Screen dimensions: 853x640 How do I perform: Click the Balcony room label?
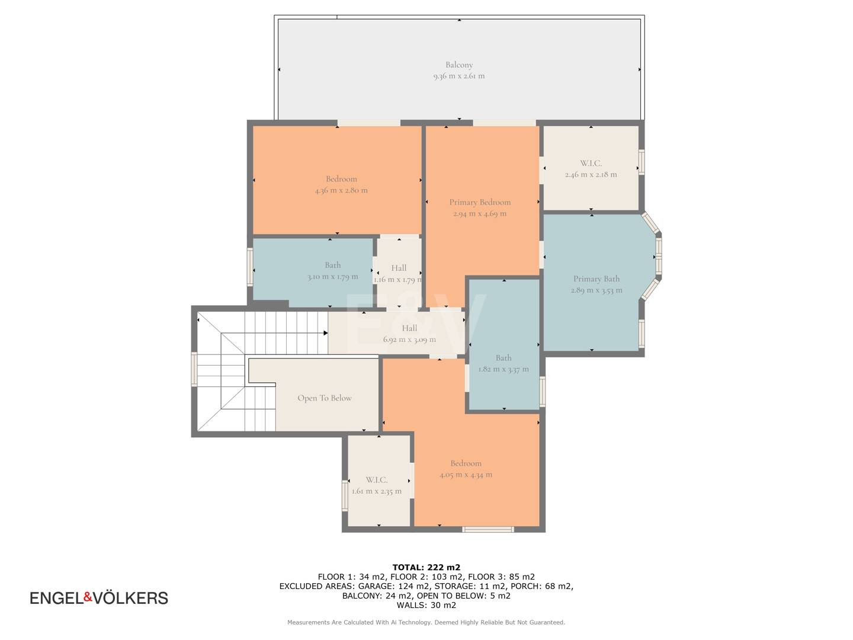pyautogui.click(x=459, y=65)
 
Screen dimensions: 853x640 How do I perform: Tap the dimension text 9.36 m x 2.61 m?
pyautogui.click(x=459, y=76)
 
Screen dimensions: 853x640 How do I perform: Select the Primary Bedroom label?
pyautogui.click(x=480, y=202)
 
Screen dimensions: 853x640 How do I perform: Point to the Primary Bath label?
pyautogui.click(x=597, y=279)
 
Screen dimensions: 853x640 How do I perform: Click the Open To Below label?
pyautogui.click(x=325, y=398)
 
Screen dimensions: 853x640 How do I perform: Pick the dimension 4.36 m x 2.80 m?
pyautogui.click(x=341, y=190)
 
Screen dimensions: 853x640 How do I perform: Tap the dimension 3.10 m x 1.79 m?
pyautogui.click(x=333, y=277)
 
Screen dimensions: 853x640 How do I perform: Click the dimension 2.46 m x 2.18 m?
pyautogui.click(x=591, y=174)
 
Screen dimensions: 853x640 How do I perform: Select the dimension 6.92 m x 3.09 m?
pyautogui.click(x=409, y=339)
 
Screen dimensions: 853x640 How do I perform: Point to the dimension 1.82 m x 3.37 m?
pyautogui.click(x=504, y=369)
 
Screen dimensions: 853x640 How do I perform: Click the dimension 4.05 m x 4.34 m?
pyautogui.click(x=466, y=475)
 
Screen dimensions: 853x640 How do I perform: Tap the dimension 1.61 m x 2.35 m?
pyautogui.click(x=377, y=491)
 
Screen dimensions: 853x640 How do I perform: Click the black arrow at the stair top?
pyautogui.click(x=326, y=333)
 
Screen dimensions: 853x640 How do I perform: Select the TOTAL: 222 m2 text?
pyautogui.click(x=426, y=567)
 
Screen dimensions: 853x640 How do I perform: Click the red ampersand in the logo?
pyautogui.click(x=88, y=597)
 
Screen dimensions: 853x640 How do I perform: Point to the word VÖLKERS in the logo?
pyautogui.click(x=130, y=598)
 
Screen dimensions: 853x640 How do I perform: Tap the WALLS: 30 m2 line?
pyautogui.click(x=426, y=604)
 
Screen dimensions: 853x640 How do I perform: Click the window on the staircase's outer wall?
pyautogui.click(x=194, y=369)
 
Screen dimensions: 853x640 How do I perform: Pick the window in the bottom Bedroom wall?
pyautogui.click(x=488, y=529)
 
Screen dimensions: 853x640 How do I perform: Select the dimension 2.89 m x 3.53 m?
pyautogui.click(x=597, y=290)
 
